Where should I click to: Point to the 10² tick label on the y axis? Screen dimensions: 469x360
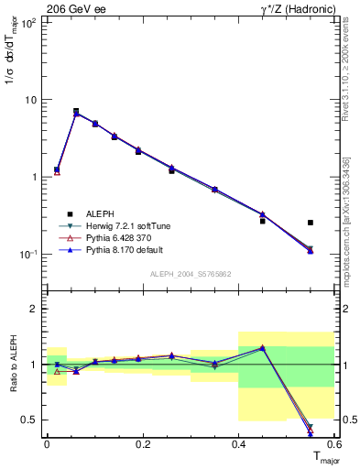29,22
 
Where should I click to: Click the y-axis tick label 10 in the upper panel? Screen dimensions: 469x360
33,100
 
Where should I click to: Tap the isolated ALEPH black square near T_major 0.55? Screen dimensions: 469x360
311,223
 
